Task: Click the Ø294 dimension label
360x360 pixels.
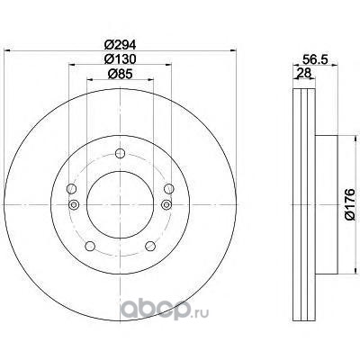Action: click(120, 45)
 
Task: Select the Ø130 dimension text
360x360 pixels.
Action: click(120, 59)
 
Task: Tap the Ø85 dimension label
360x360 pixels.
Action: click(120, 74)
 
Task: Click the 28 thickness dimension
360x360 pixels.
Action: click(303, 73)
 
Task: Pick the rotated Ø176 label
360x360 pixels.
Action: click(349, 204)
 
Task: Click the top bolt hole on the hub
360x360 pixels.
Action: click(120, 153)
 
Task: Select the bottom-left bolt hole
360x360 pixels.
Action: click(90, 246)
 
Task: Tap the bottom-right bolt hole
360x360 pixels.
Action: click(150, 246)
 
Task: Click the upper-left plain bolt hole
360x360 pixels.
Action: click(71, 189)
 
